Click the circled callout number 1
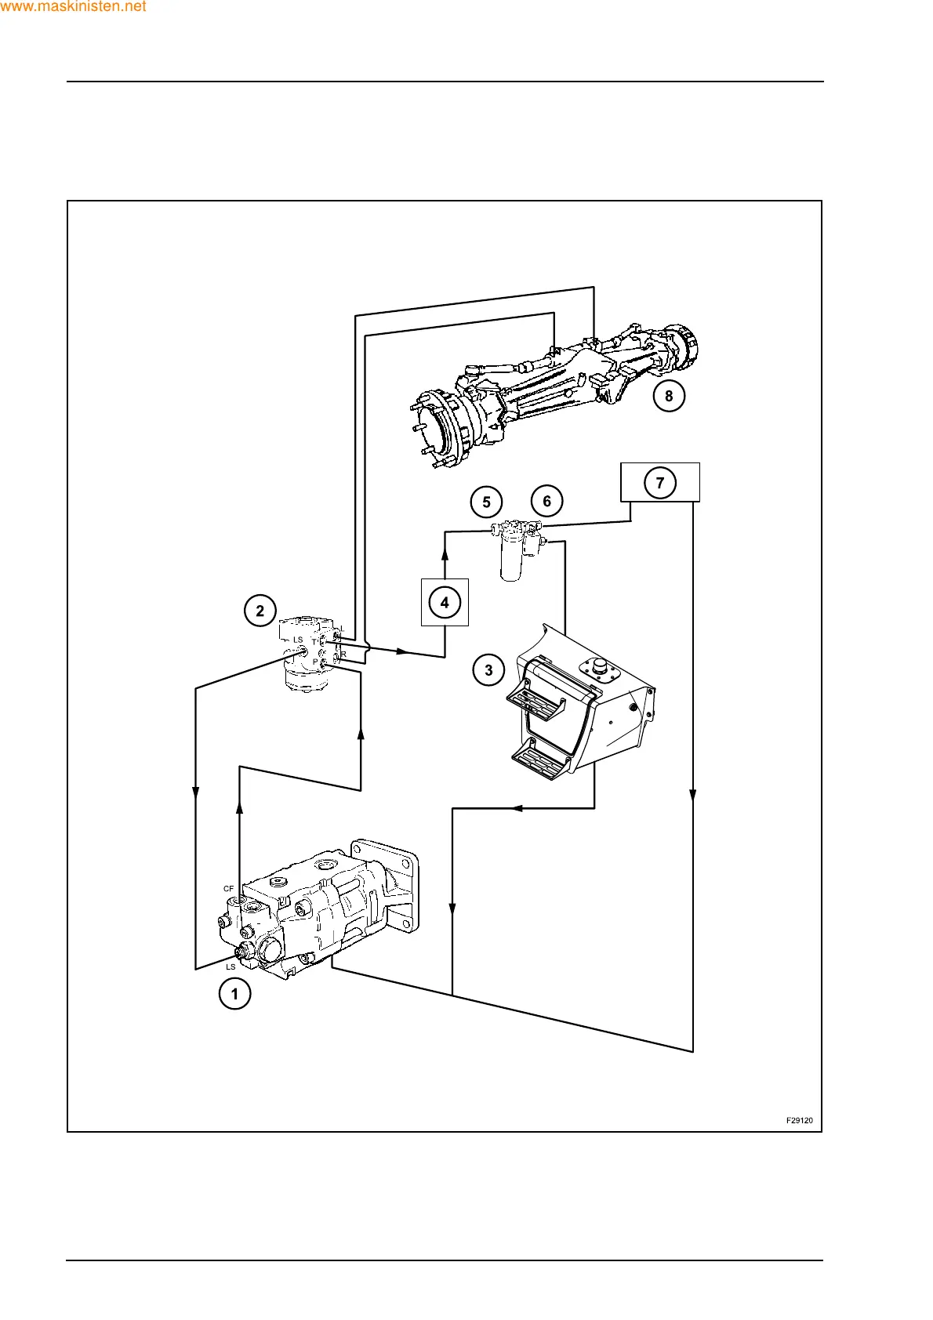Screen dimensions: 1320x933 point(234,994)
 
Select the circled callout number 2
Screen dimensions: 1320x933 point(260,611)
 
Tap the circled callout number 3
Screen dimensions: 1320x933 point(489,670)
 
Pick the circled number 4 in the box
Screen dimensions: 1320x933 point(445,602)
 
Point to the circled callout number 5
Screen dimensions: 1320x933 point(486,502)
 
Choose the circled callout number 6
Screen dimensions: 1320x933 point(546,501)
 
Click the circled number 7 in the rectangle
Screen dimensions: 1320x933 point(660,482)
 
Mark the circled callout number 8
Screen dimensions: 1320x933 point(669,396)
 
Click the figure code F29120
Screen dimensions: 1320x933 point(799,1120)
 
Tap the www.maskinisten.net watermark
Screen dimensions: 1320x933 point(73,7)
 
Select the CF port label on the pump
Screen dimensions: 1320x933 point(228,889)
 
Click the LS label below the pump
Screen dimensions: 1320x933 point(231,966)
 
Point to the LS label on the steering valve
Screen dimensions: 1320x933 point(298,640)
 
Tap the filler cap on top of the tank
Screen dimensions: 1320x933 point(600,666)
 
